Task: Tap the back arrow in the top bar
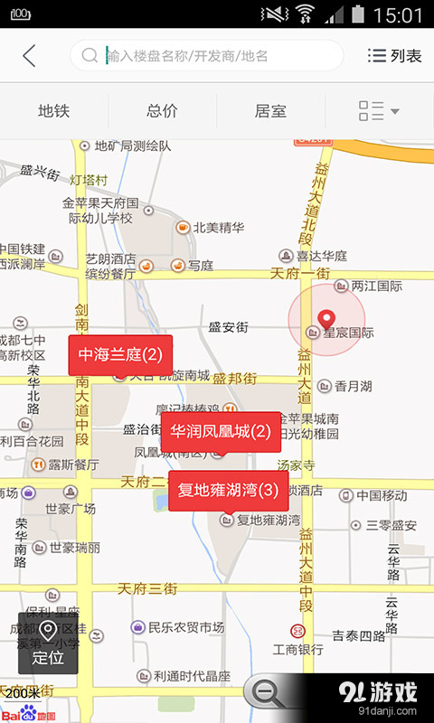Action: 29,55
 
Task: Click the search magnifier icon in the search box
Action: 90,55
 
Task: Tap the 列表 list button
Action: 395,56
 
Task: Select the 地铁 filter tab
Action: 53,111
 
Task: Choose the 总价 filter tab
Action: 162,111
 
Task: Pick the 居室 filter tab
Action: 270,111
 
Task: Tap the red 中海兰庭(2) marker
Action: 120,354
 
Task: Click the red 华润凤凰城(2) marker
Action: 221,431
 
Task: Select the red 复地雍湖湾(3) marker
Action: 228,491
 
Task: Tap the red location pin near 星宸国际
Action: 327,319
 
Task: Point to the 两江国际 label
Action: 376,286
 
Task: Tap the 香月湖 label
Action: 353,386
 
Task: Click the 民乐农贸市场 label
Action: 185,626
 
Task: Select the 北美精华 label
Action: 218,228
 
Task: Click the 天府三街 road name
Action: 147,588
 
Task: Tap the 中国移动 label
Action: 382,495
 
